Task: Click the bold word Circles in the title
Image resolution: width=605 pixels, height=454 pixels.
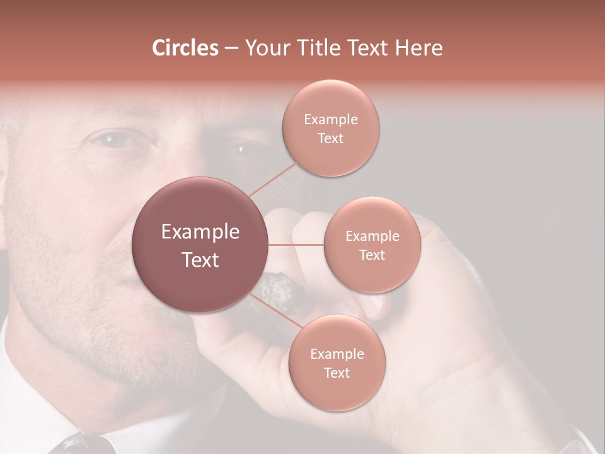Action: (185, 48)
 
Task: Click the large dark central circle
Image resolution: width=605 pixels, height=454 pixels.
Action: (200, 245)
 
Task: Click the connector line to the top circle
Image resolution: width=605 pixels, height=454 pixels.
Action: (272, 179)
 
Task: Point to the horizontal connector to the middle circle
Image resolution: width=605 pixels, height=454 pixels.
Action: (296, 244)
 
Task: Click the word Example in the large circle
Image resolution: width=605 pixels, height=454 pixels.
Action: (200, 232)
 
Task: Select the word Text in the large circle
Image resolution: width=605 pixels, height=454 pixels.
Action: (200, 260)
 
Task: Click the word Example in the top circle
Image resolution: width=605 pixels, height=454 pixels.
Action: (330, 120)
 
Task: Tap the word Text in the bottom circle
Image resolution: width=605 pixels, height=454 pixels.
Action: (337, 373)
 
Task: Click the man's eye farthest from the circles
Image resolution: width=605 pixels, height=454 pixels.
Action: (113, 139)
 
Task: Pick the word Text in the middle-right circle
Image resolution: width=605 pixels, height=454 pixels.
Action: (372, 255)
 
